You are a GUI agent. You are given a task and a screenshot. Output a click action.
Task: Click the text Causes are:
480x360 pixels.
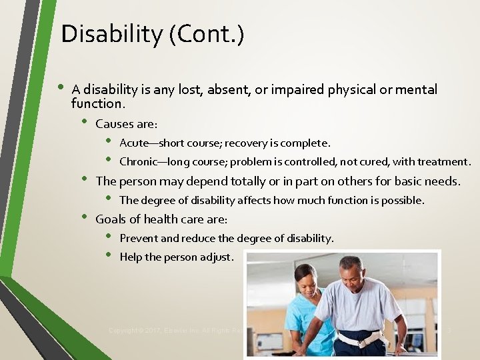coord(127,124)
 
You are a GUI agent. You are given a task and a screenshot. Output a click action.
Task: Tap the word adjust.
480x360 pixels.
coord(217,257)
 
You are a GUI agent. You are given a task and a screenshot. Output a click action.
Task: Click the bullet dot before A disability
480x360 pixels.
coord(61,88)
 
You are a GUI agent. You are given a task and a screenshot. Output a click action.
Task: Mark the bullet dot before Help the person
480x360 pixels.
coord(110,256)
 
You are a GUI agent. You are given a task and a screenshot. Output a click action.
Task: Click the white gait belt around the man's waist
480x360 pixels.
coord(360,339)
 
